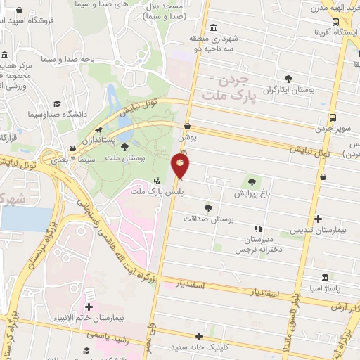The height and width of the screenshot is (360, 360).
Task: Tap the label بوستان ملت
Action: pyautogui.click(x=124, y=160)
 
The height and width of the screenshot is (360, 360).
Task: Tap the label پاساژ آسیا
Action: pyautogui.click(x=324, y=289)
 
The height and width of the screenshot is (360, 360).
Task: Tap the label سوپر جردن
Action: pyautogui.click(x=332, y=130)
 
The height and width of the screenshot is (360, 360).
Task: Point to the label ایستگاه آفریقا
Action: pyautogui.click(x=333, y=32)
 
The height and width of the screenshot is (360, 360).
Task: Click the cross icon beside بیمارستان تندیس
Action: pyautogui.click(x=318, y=219)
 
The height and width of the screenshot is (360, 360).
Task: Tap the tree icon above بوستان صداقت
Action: pyautogui.click(x=208, y=207)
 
